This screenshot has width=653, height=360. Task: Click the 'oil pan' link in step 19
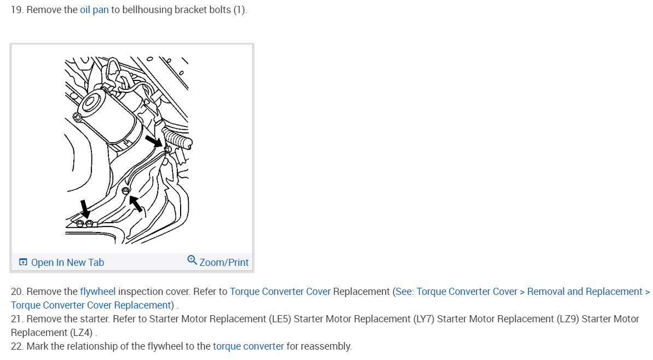click(94, 10)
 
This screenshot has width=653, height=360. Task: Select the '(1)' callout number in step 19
click(239, 10)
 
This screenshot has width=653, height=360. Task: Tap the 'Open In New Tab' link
click(67, 263)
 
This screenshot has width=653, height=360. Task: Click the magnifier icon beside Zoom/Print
click(192, 260)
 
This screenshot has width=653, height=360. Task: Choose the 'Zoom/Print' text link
click(224, 263)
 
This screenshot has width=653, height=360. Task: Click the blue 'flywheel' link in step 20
click(97, 292)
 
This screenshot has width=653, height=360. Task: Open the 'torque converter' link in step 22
click(248, 346)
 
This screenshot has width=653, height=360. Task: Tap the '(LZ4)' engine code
click(79, 333)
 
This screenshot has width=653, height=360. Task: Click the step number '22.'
click(17, 346)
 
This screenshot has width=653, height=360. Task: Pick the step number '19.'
click(17, 10)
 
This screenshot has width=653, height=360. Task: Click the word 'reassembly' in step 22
click(327, 346)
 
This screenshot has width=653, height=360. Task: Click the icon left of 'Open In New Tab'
click(23, 263)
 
